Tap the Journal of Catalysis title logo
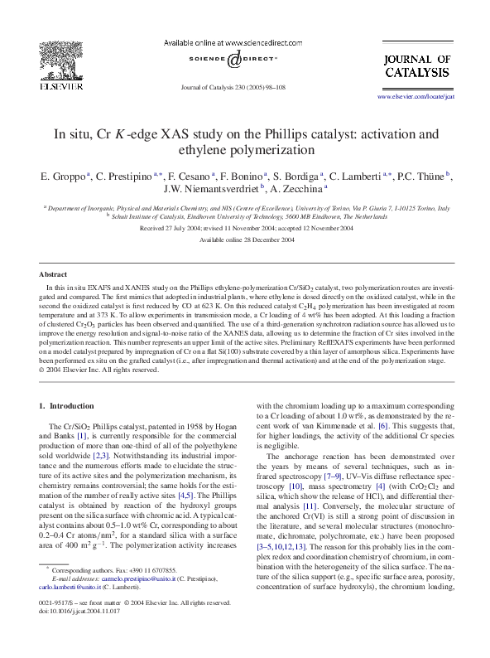[x=417, y=65]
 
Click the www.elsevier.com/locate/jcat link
[x=416, y=97]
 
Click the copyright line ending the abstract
[x=99, y=370]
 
